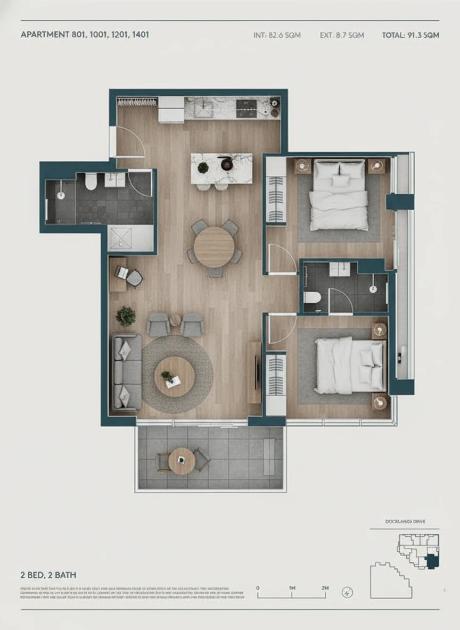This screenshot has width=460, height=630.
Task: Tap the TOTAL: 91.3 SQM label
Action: pyautogui.click(x=410, y=36)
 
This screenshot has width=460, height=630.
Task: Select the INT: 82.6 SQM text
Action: pyautogui.click(x=277, y=36)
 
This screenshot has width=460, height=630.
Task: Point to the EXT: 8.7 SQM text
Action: pyautogui.click(x=342, y=36)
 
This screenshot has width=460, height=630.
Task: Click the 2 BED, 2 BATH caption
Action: pyautogui.click(x=48, y=575)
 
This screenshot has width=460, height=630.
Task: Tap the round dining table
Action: pyautogui.click(x=214, y=247)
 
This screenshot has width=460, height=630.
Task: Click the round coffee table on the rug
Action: pyautogui.click(x=174, y=376)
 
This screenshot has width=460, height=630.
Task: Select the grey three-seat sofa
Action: pyautogui.click(x=127, y=372)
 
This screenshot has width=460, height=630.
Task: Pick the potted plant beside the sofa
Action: pyautogui.click(x=126, y=316)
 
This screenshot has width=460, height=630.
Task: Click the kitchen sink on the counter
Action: pyautogui.click(x=203, y=109)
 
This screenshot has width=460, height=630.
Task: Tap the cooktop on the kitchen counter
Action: pyautogui.click(x=247, y=109)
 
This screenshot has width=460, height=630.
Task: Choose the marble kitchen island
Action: pyautogui.click(x=221, y=168)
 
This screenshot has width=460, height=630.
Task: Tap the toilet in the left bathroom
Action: pyautogui.click(x=91, y=182)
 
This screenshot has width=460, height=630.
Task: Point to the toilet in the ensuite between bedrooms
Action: pyautogui.click(x=312, y=300)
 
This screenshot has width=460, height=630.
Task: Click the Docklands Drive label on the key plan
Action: pyautogui.click(x=405, y=522)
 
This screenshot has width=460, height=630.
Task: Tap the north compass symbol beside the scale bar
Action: pyautogui.click(x=347, y=592)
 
